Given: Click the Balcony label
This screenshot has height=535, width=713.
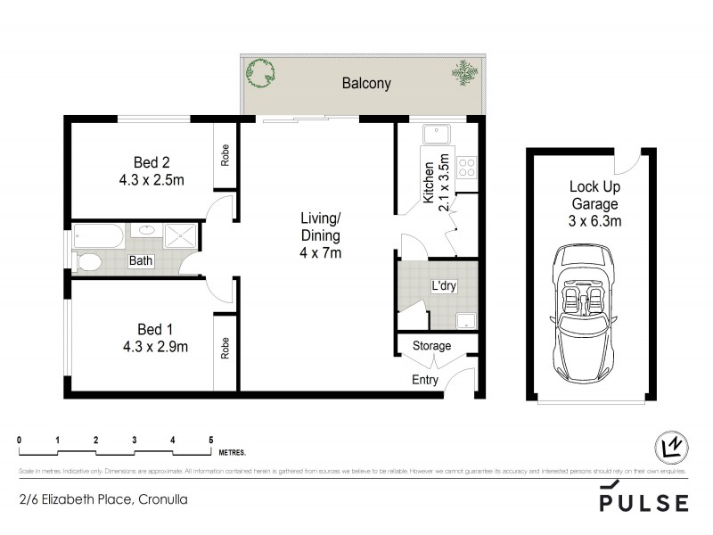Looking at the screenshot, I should (x=366, y=84).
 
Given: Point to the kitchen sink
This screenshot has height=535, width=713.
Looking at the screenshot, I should (x=437, y=135).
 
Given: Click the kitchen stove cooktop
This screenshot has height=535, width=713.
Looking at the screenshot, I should (x=466, y=165).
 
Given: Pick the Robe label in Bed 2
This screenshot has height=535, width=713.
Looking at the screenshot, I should (x=225, y=157).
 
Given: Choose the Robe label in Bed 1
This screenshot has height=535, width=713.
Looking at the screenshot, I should (x=225, y=348).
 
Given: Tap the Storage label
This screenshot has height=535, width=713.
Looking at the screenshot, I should (x=431, y=346).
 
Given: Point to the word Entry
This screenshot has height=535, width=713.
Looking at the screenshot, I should (x=424, y=381).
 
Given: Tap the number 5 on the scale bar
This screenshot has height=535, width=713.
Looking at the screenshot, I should (x=210, y=440).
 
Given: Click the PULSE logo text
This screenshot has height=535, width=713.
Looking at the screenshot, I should (x=643, y=502).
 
